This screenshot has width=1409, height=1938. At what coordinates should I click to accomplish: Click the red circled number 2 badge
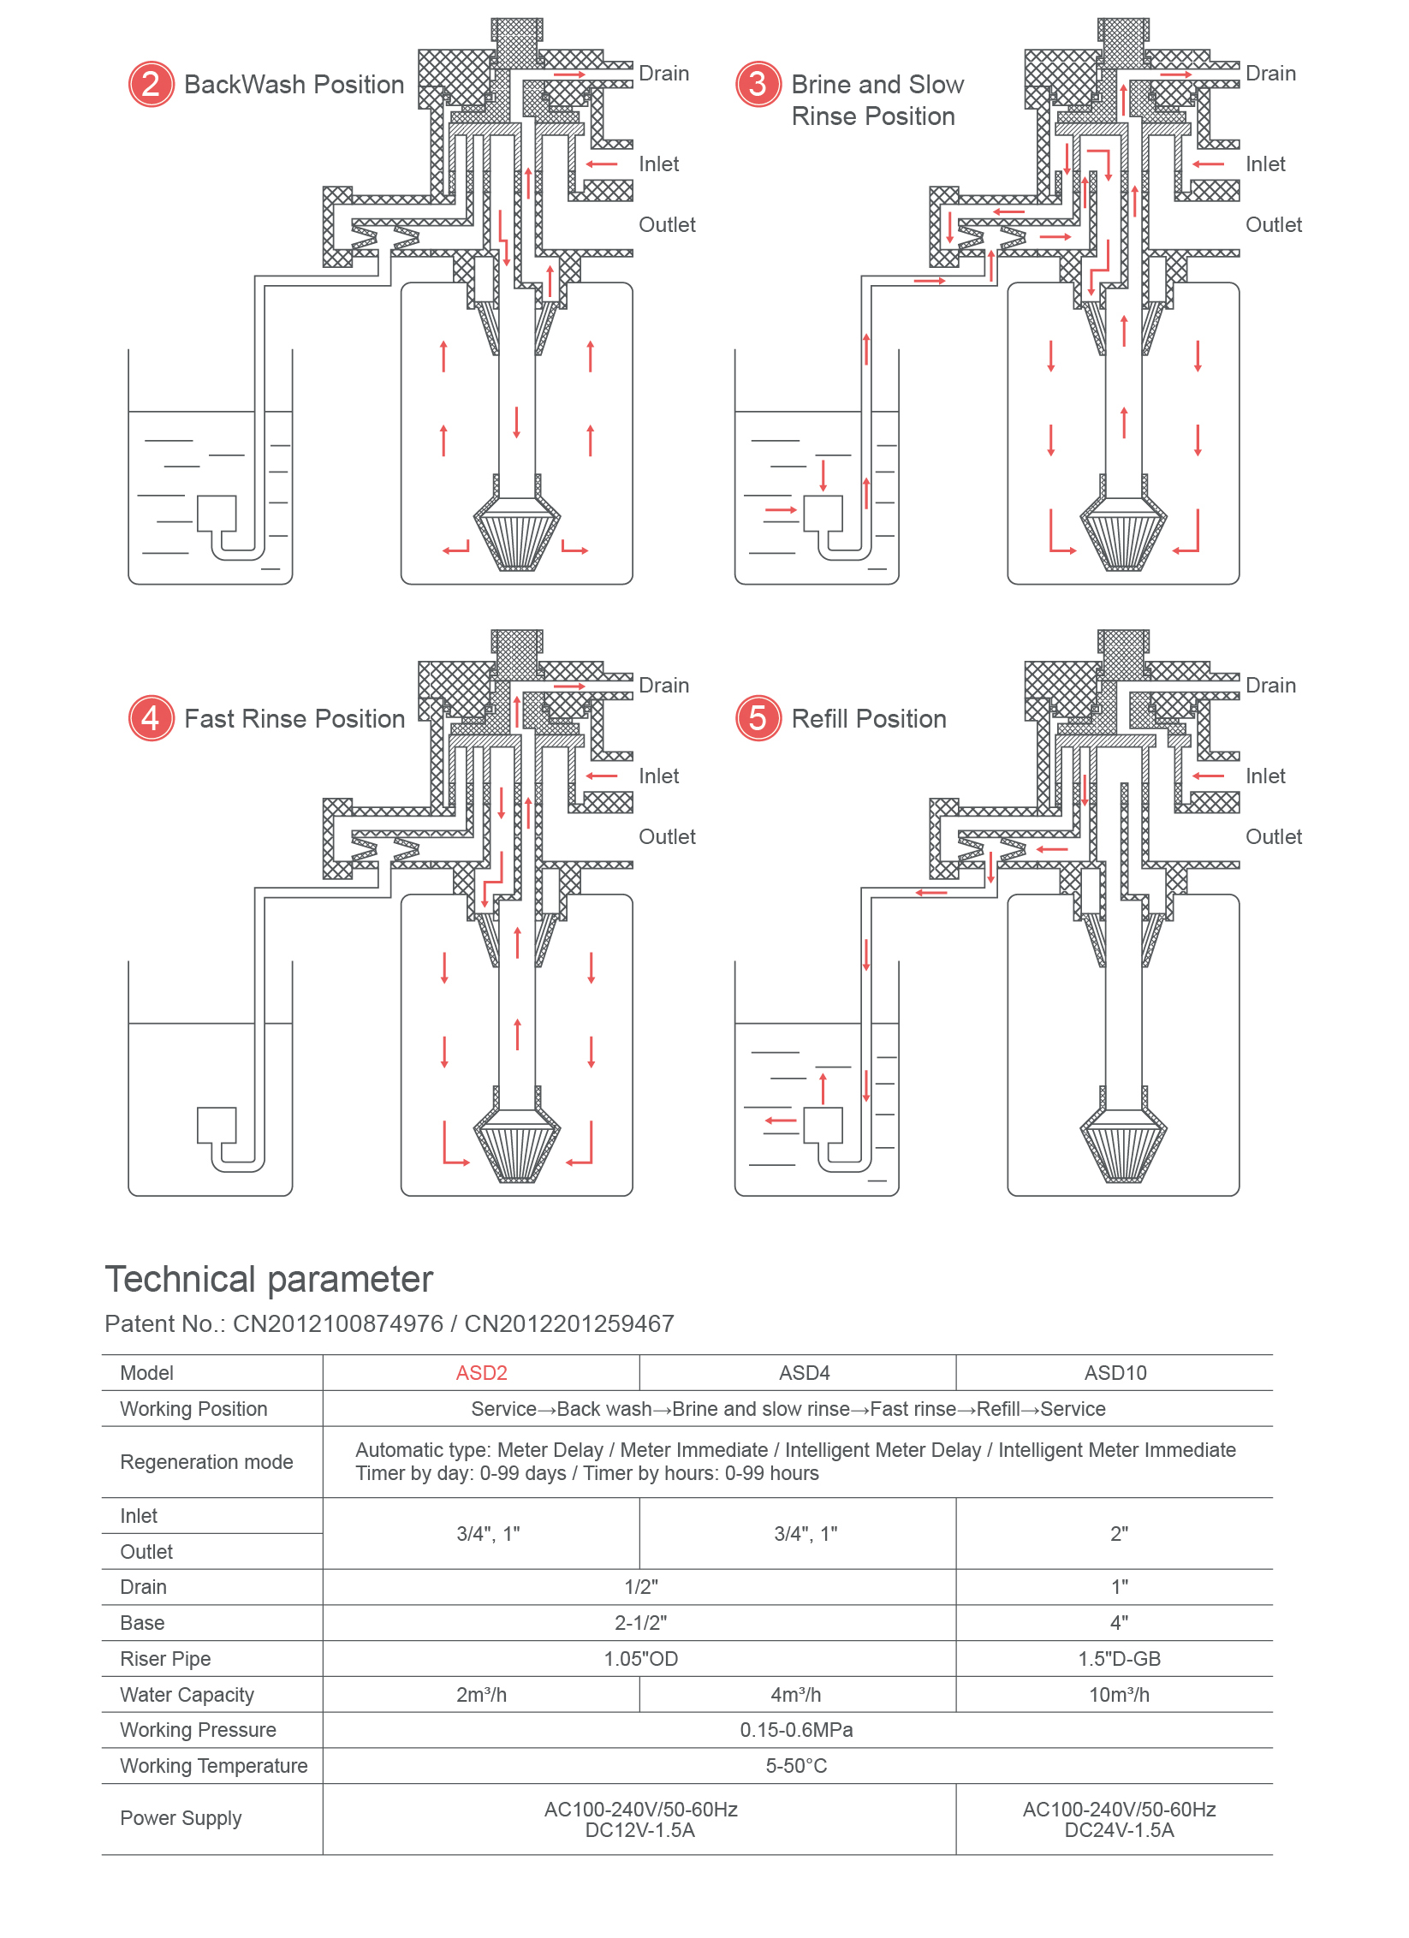pyautogui.click(x=152, y=84)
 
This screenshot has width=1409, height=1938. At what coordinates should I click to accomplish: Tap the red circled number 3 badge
pyautogui.click(x=758, y=84)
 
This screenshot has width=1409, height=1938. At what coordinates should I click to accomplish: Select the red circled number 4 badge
pyautogui.click(x=152, y=717)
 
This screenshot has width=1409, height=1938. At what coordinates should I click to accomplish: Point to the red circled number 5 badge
pyautogui.click(x=758, y=717)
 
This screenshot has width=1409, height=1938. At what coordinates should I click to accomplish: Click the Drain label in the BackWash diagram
pyautogui.click(x=663, y=74)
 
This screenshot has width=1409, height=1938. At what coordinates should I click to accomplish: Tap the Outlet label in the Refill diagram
pyautogui.click(x=1273, y=836)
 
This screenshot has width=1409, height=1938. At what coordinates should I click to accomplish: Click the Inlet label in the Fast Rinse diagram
pyautogui.click(x=658, y=776)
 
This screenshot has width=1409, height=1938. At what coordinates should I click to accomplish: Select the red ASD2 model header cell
pyautogui.click(x=481, y=1373)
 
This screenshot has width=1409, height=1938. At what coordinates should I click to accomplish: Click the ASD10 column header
pyautogui.click(x=1115, y=1373)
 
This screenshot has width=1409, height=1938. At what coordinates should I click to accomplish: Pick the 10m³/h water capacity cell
pyautogui.click(x=1118, y=1695)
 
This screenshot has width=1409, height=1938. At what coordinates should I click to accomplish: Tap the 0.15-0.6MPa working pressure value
pyautogui.click(x=796, y=1730)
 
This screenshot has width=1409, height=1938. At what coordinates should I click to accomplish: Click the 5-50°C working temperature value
pyautogui.click(x=796, y=1766)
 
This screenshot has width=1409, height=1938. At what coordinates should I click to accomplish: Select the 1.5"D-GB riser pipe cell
pyautogui.click(x=1119, y=1659)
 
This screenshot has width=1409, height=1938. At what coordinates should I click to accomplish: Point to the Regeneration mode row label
pyautogui.click(x=206, y=1462)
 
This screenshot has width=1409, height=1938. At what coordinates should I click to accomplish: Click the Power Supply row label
pyautogui.click(x=181, y=1818)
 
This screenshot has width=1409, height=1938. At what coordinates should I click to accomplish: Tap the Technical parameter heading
pyautogui.click(x=269, y=1279)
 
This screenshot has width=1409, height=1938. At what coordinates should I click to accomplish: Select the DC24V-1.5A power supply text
pyautogui.click(x=1119, y=1830)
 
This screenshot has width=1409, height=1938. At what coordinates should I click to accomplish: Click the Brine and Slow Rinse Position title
pyautogui.click(x=877, y=100)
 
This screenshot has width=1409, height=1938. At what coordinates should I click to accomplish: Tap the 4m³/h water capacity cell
pyautogui.click(x=795, y=1695)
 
